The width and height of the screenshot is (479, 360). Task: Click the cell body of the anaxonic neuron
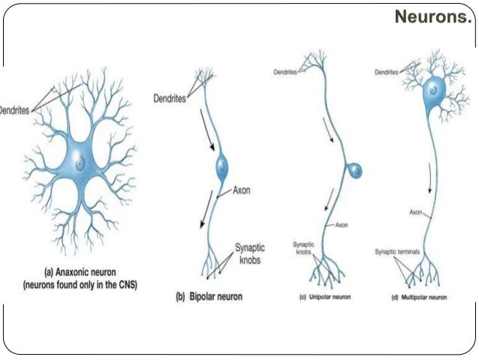pyautogui.click(x=82, y=159)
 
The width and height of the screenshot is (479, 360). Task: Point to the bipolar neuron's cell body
pyautogui.click(x=222, y=167)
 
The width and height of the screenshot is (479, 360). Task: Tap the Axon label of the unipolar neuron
pyautogui.click(x=342, y=225)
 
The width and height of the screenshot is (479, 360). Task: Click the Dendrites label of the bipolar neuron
pyautogui.click(x=171, y=98)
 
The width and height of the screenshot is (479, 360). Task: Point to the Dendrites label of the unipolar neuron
pyautogui.click(x=285, y=72)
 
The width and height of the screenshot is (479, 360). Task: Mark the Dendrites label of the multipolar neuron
pyautogui.click(x=386, y=72)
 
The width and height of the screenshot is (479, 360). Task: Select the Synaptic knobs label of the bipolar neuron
pyautogui.click(x=249, y=251)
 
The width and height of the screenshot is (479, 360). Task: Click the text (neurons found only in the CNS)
pyautogui.click(x=81, y=285)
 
